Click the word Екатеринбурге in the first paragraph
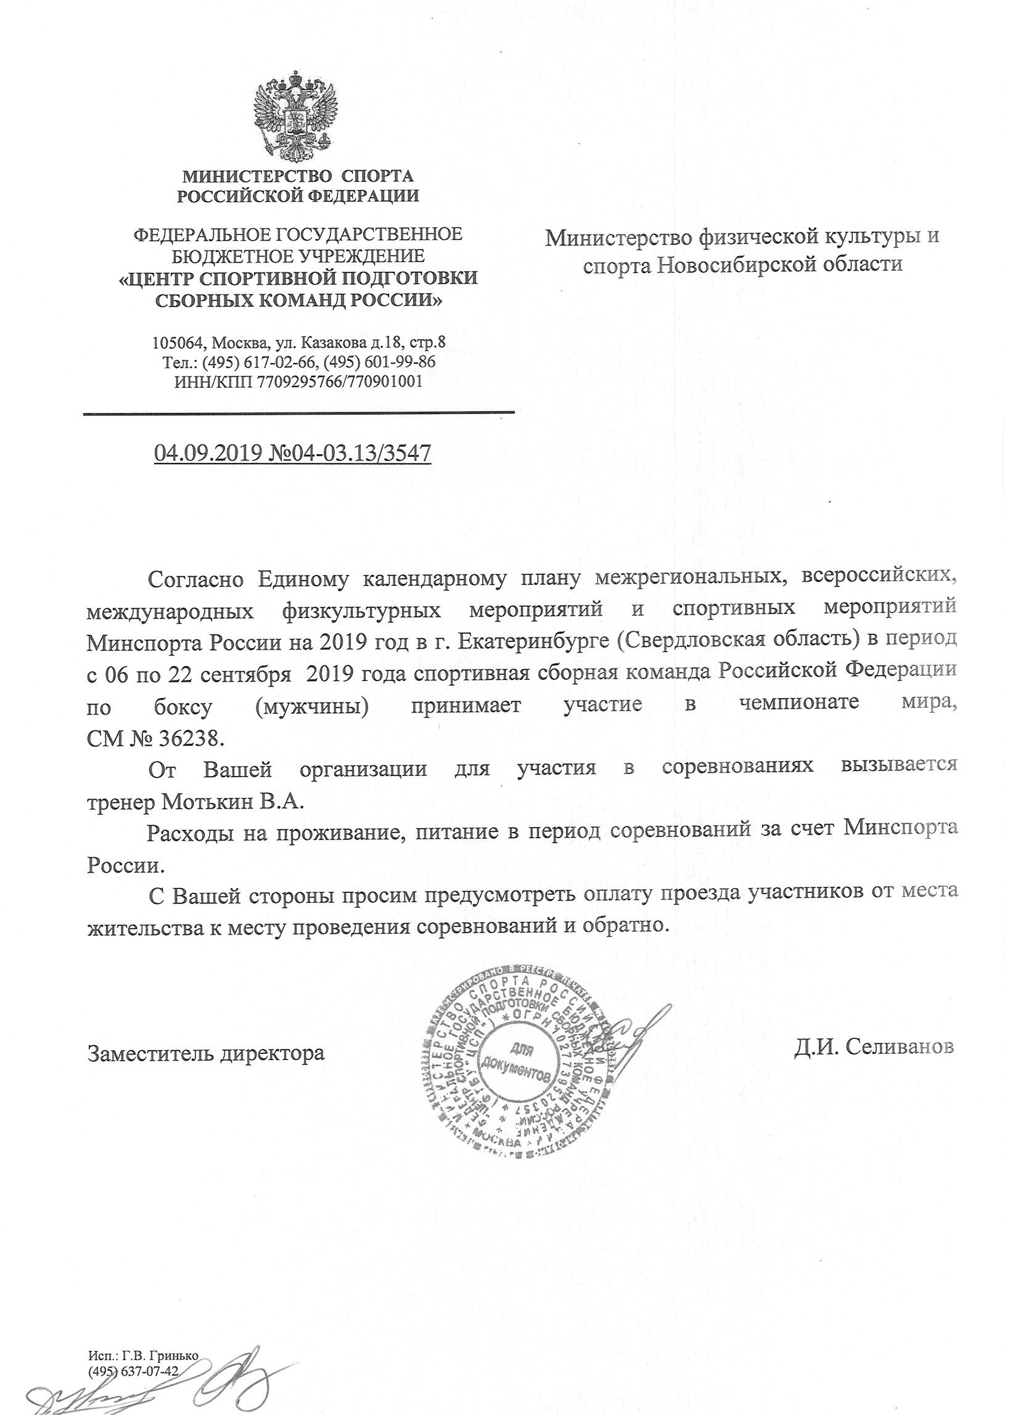tap(534, 641)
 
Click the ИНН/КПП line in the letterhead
tap(298, 381)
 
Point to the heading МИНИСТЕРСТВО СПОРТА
tap(298, 176)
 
